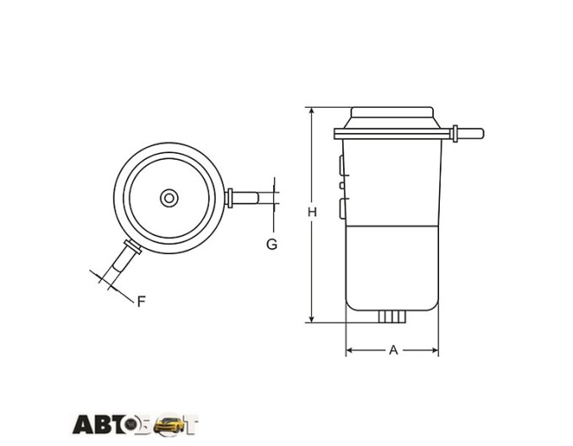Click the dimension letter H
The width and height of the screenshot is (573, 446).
pyautogui.click(x=312, y=212)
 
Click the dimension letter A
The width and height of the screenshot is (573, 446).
pyautogui.click(x=394, y=350)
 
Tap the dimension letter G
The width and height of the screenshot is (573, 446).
pyautogui.click(x=271, y=244)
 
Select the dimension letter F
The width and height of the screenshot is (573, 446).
pyautogui.click(x=142, y=301)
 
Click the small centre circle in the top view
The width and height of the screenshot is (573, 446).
pyautogui.click(x=169, y=199)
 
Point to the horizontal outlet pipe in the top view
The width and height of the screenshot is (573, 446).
pyautogui.click(x=243, y=198)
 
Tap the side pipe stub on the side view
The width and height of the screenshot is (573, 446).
pyautogui.click(x=468, y=133)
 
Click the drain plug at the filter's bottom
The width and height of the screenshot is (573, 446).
pyautogui.click(x=392, y=316)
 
